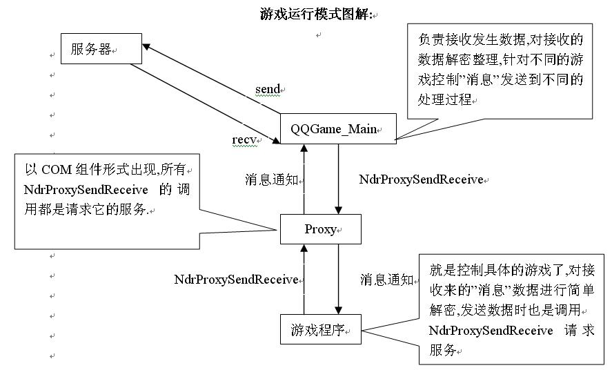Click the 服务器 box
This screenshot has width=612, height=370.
(101, 50)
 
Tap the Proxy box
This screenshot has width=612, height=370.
(320, 229)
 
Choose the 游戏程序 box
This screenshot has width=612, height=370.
(321, 329)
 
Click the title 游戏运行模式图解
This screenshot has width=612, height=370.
(315, 14)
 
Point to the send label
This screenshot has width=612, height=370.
(268, 89)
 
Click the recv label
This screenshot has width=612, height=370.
(244, 139)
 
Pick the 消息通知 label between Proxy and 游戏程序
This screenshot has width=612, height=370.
(386, 280)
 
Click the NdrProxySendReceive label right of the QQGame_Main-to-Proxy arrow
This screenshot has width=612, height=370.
(421, 179)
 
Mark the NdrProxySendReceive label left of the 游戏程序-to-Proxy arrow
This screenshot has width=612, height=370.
(236, 280)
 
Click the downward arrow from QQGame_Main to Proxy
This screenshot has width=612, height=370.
(338, 179)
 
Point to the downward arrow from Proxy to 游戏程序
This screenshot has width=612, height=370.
(338, 280)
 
